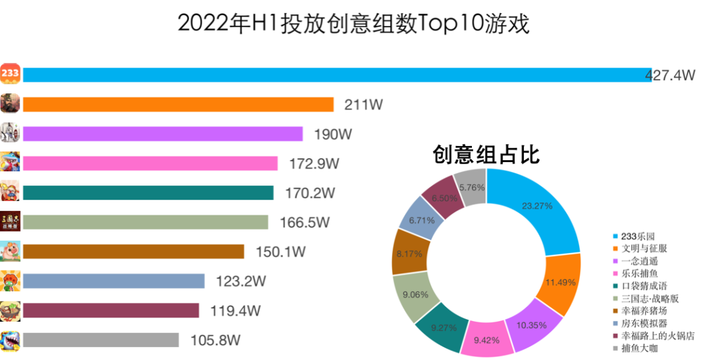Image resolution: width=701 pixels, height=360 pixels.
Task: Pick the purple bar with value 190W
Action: (162, 134)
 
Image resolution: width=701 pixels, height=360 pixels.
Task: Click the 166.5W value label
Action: (304, 222)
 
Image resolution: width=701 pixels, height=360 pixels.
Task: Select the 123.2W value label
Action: (240, 282)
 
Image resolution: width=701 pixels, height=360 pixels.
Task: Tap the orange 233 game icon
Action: (10, 74)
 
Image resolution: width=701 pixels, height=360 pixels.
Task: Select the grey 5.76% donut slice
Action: (471, 187)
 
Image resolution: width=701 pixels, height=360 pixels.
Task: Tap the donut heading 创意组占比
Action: (487, 155)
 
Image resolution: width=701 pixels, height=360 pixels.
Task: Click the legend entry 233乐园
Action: (639, 236)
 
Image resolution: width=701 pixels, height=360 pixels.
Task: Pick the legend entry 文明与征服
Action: (643, 248)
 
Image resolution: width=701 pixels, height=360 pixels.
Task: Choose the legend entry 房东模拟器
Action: (643, 324)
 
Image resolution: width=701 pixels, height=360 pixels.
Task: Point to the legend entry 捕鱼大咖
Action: (639, 349)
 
